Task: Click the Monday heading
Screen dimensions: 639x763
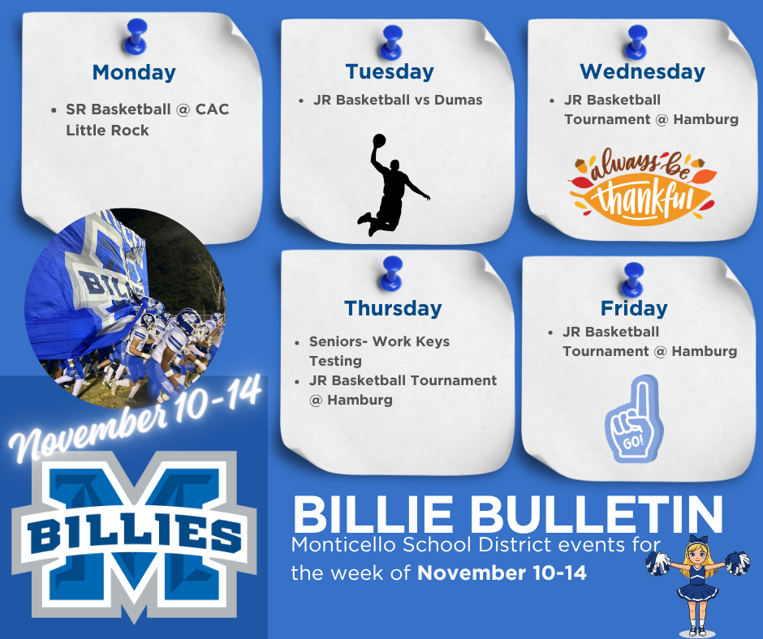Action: (134, 72)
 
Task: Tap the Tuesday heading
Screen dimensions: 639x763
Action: (390, 71)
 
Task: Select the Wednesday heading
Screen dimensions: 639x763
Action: (643, 71)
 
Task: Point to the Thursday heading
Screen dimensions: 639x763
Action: (393, 308)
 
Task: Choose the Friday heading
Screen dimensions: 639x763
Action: (634, 308)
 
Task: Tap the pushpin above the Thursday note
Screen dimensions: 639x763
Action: (393, 272)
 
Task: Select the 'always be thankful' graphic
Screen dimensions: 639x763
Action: (642, 187)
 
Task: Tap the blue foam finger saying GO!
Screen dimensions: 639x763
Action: (634, 418)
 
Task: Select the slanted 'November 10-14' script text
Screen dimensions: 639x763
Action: (134, 418)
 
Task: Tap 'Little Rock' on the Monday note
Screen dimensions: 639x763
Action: (107, 130)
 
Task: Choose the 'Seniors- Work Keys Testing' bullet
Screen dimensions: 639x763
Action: (378, 351)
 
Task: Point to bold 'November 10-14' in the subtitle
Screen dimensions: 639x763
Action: (502, 573)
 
